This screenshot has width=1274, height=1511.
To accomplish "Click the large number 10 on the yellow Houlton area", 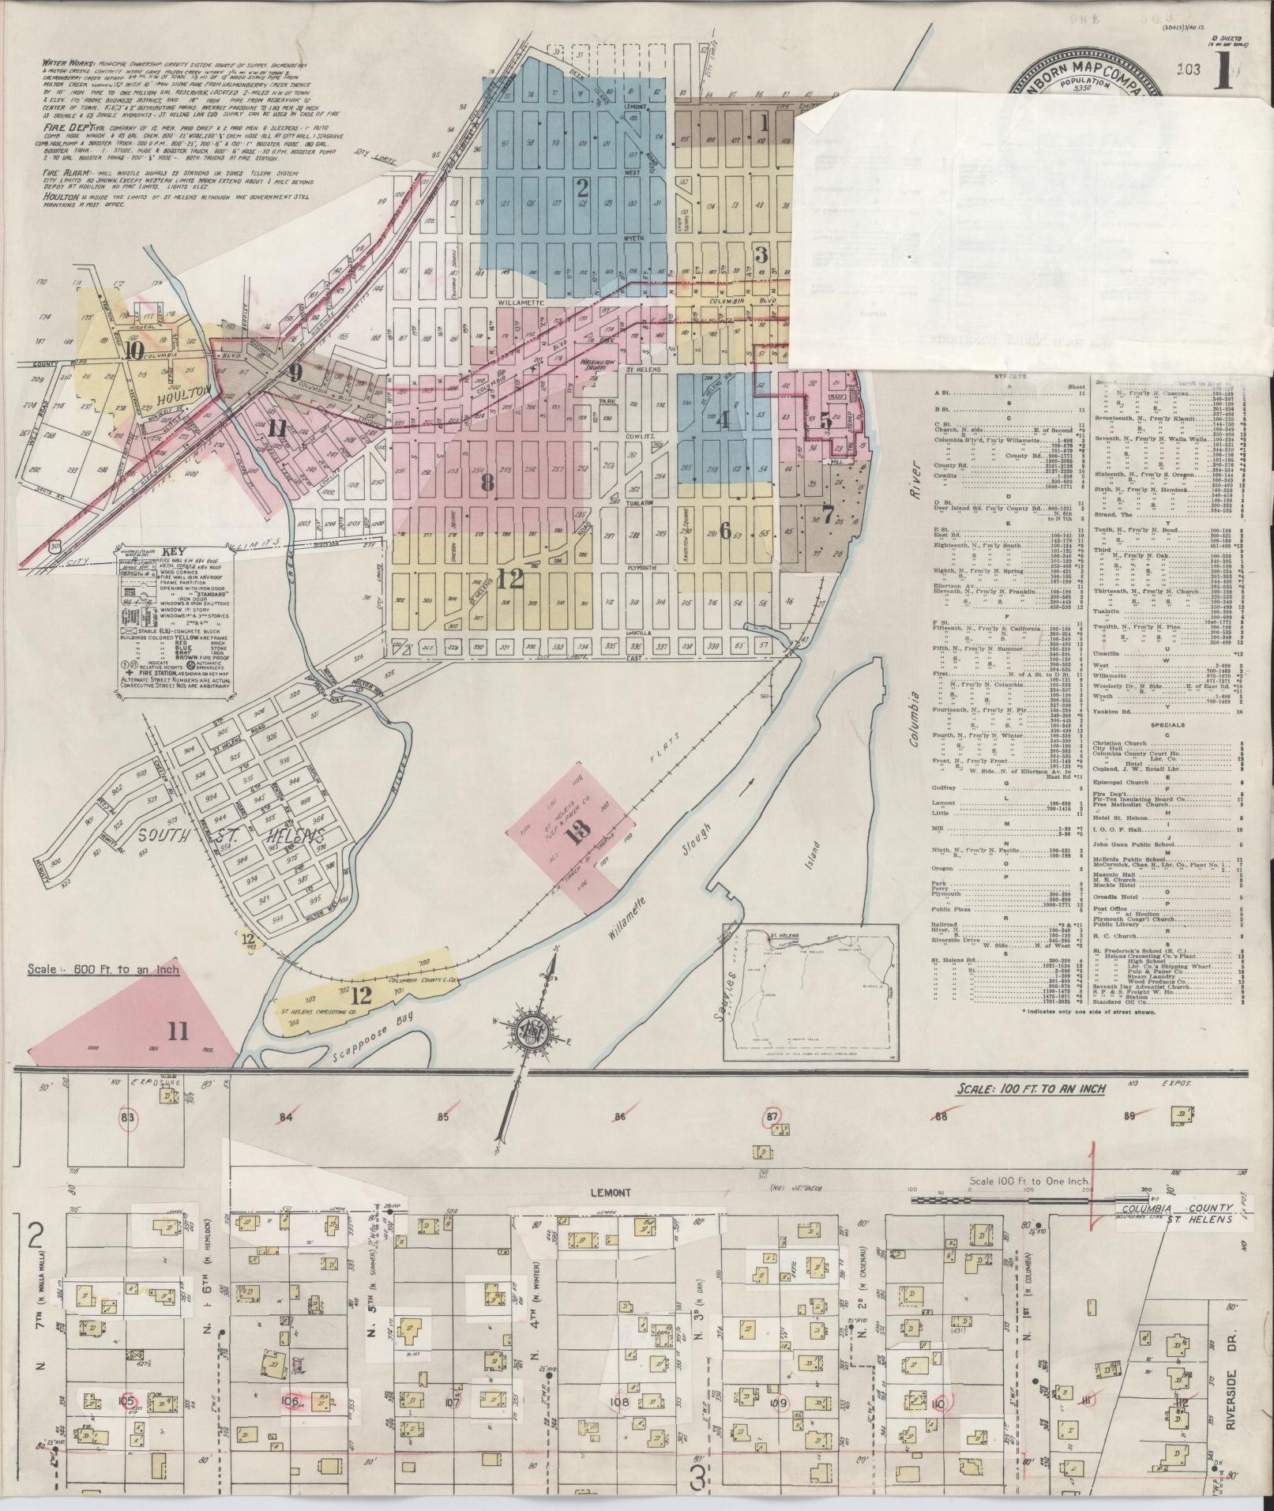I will tap(133, 352).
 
